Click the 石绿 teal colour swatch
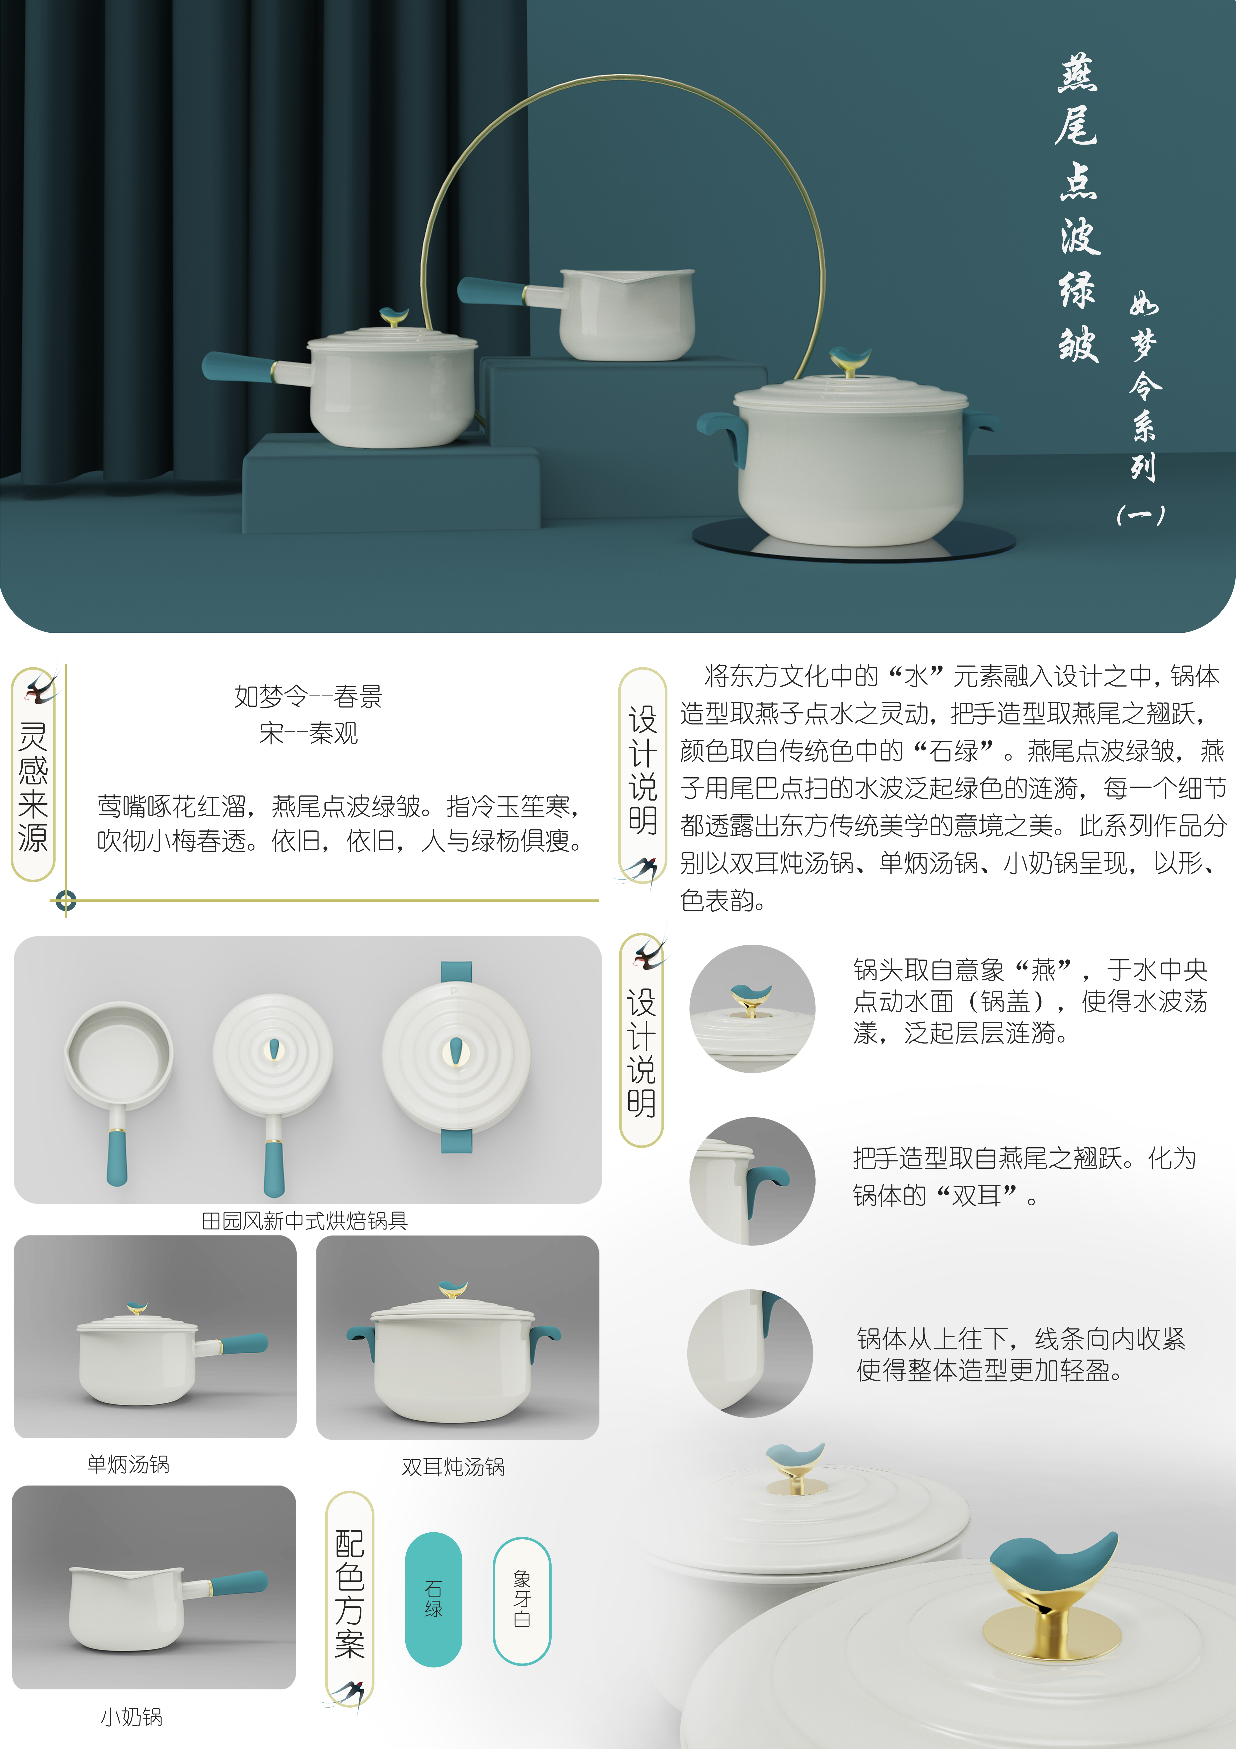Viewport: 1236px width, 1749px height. tap(433, 1599)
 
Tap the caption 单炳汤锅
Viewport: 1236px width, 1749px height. tap(128, 1464)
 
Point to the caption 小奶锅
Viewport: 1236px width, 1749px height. tap(131, 1717)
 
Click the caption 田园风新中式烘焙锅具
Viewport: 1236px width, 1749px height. tap(305, 1221)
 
